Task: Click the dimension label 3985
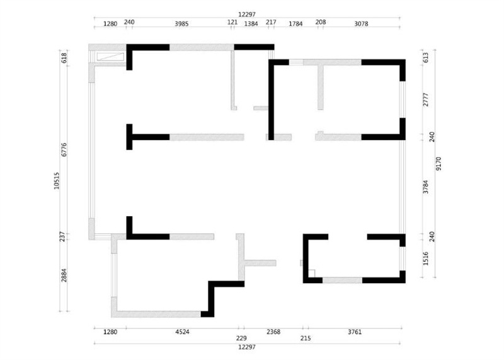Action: coord(181,23)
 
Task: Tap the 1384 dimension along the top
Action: coord(251,23)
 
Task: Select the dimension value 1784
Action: coord(295,23)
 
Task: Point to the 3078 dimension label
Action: coord(361,23)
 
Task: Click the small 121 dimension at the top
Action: coord(232,22)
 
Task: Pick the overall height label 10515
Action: coord(57,180)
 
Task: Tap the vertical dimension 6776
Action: coord(64,149)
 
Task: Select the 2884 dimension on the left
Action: coord(64,276)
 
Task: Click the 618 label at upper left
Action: coord(64,57)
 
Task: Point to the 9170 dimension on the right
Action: coord(438,163)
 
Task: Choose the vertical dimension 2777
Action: coord(426,100)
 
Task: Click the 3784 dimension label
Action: coord(426,187)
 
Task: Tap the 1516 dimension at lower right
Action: coord(426,258)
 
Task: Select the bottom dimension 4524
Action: coord(182,332)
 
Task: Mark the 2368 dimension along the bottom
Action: coord(273,332)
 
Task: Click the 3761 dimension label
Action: coord(355,332)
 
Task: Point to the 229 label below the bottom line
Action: coord(241,338)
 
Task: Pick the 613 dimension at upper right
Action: coord(426,57)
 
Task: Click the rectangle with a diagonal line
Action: coord(110,57)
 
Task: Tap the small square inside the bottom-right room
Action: coord(311,273)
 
